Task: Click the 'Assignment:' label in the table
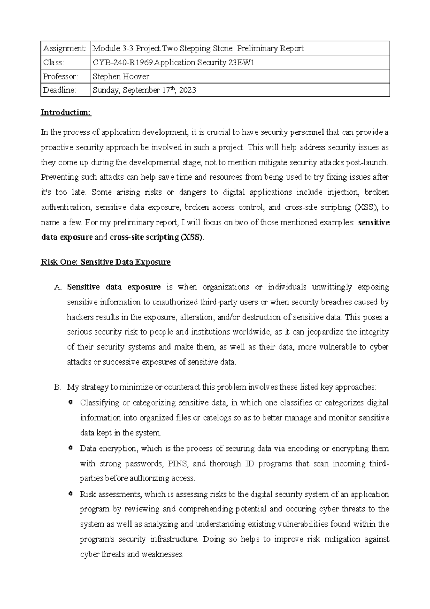point(64,48)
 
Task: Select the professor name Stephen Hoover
point(121,76)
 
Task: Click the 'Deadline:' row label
point(59,90)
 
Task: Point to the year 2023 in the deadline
point(187,90)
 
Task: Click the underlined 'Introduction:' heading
point(66,113)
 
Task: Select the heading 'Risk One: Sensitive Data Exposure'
point(106,262)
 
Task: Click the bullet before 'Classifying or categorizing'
point(71,402)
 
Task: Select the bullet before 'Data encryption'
point(71,448)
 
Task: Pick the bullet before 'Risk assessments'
point(71,494)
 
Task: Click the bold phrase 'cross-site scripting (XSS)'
point(156,237)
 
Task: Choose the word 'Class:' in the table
point(54,62)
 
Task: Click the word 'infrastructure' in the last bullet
point(174,539)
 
